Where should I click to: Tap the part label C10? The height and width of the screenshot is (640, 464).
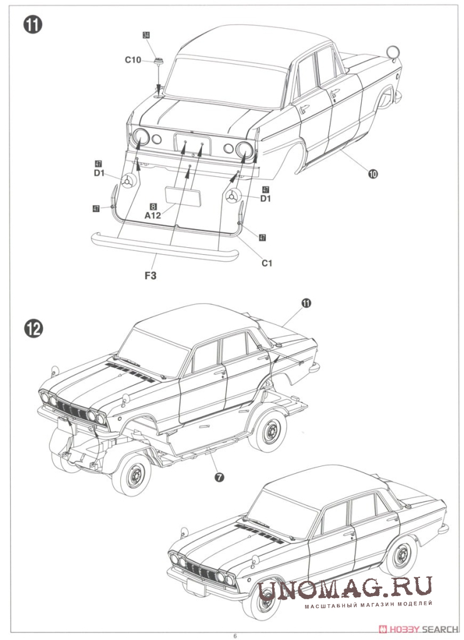tap(132, 60)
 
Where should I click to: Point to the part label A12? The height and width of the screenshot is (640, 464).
tap(153, 215)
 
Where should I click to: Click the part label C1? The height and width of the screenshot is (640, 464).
tap(267, 263)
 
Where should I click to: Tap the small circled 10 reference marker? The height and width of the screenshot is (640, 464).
tap(373, 174)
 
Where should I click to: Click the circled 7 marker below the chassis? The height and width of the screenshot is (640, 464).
tap(219, 477)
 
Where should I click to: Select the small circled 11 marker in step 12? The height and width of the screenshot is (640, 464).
tap(307, 303)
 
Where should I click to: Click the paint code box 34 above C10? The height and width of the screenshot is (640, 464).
tap(146, 36)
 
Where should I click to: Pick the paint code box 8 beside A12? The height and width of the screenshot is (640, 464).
tap(152, 206)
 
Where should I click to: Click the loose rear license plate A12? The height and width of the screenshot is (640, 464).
tap(182, 196)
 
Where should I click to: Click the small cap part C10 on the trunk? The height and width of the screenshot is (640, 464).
tap(158, 61)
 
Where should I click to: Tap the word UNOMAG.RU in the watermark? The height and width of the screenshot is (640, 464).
tap(344, 589)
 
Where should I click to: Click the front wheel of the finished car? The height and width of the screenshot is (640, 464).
tap(260, 596)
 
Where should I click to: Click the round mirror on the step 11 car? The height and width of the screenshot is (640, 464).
tap(393, 53)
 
